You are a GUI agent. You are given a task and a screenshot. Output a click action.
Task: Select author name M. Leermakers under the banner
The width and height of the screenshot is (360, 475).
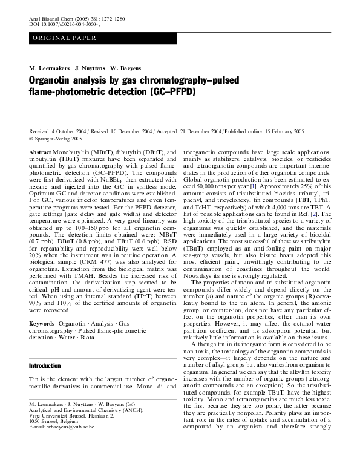point(49,67)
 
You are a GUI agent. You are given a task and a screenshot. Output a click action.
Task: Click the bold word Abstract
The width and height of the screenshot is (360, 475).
point(41,152)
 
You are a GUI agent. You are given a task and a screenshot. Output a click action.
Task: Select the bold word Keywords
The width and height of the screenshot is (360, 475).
point(43,324)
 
